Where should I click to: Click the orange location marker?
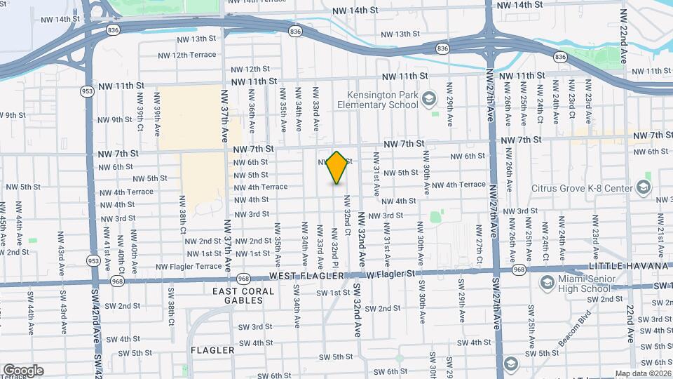[x=337, y=168]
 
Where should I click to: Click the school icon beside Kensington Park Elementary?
[x=429, y=100]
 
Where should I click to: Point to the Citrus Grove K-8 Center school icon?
[x=643, y=187]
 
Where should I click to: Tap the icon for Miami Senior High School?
[x=548, y=281]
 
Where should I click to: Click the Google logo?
[x=23, y=370]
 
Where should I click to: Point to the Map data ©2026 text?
[x=643, y=373]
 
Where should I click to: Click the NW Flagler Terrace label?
[x=189, y=266]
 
